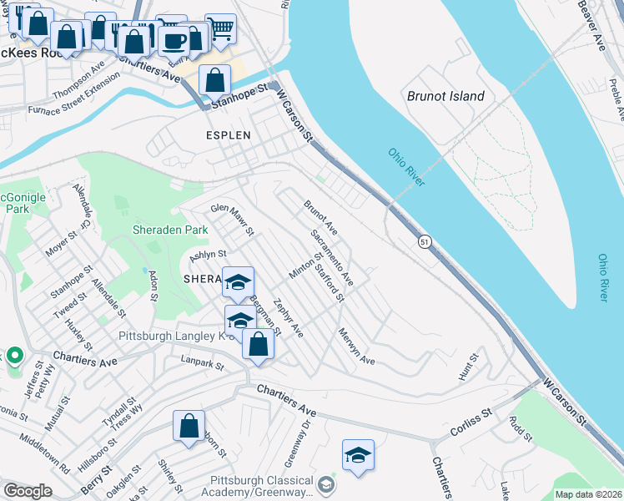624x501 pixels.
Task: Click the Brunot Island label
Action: click(x=445, y=96)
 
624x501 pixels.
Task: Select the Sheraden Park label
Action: click(x=169, y=230)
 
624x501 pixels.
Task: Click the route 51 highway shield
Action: click(x=425, y=241)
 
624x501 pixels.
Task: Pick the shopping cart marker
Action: click(x=220, y=29)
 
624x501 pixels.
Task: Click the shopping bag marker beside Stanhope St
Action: click(x=214, y=81)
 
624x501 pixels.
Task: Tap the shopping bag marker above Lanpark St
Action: click(x=258, y=343)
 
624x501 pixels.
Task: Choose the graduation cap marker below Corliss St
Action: click(x=358, y=454)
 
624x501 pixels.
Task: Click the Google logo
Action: click(x=28, y=491)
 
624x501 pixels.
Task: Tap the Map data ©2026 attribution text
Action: click(x=588, y=494)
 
